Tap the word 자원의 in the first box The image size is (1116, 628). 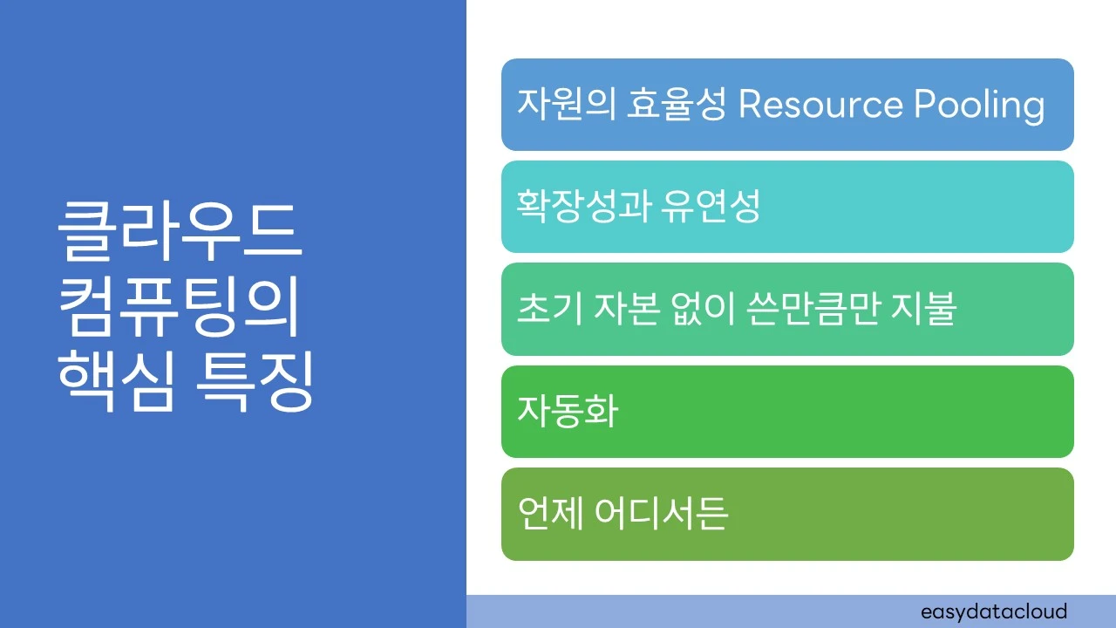[x=565, y=106]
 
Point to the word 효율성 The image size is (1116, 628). [x=676, y=106]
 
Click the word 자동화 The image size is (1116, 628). [x=568, y=412]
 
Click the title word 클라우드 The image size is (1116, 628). [x=179, y=232]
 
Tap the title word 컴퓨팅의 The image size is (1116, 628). [x=179, y=310]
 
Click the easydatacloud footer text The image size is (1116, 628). [x=993, y=611]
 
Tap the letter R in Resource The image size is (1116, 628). [x=750, y=106]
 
